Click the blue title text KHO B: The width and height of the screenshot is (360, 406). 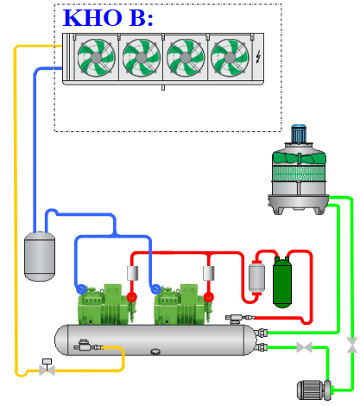[x=108, y=18]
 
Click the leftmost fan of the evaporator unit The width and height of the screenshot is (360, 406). [x=96, y=58]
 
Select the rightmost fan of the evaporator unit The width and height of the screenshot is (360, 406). [x=230, y=58]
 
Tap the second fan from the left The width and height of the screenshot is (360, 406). [x=141, y=58]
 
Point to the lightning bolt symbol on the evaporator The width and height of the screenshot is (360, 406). [x=258, y=56]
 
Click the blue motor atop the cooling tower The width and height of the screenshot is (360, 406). [x=299, y=134]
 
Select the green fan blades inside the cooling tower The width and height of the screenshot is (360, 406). [x=299, y=158]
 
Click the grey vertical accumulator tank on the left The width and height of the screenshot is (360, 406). [x=40, y=256]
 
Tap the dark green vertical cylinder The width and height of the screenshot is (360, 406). [x=282, y=282]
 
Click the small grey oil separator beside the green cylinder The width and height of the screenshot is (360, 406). [x=256, y=277]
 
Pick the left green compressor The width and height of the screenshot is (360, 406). [x=105, y=304]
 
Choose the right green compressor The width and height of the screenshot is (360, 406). [x=182, y=304]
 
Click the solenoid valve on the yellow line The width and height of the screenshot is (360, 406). [x=47, y=367]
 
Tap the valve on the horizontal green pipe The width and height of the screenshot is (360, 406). [x=304, y=347]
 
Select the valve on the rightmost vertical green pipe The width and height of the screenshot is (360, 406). [x=351, y=346]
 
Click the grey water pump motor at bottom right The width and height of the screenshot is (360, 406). [x=314, y=390]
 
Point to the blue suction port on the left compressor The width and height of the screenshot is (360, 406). [x=81, y=289]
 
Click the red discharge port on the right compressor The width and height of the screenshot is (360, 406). [x=209, y=297]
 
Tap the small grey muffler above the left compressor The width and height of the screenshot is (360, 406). [x=132, y=273]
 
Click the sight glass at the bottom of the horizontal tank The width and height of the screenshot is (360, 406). [x=155, y=352]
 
